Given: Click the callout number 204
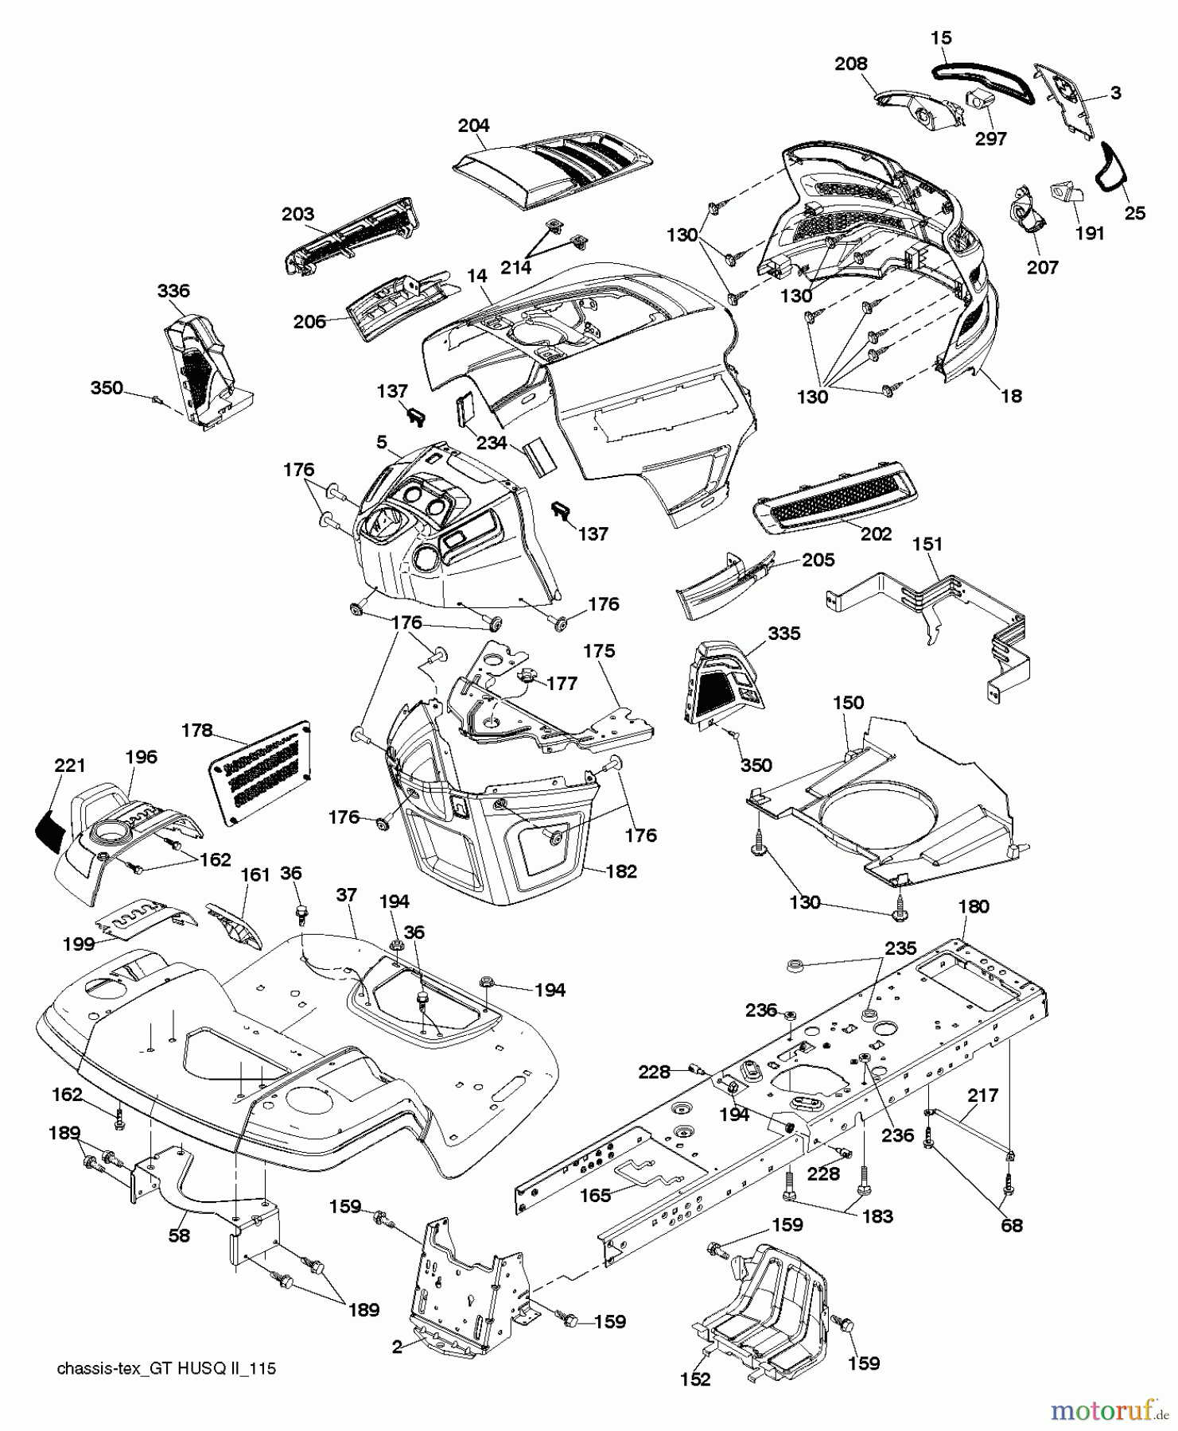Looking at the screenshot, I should (x=474, y=126).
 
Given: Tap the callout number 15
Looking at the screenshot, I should (x=940, y=38).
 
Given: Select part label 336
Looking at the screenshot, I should (x=173, y=291).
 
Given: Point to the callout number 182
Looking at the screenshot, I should (x=621, y=871).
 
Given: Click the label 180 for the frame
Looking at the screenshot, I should (x=974, y=906).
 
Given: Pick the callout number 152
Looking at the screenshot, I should (x=695, y=1380).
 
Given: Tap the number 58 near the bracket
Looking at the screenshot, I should (x=179, y=1237).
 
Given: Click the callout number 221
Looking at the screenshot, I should (x=70, y=766).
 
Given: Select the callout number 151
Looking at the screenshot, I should (x=927, y=545).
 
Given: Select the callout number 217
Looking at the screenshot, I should (x=982, y=1096).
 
